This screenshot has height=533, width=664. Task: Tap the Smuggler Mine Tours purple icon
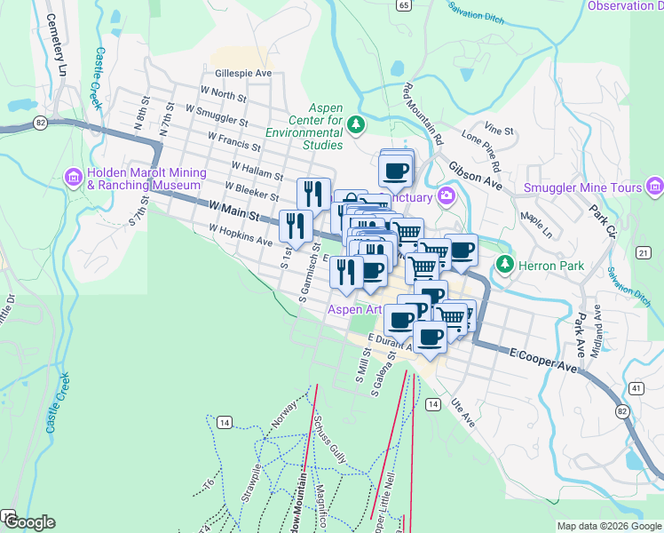[655, 187]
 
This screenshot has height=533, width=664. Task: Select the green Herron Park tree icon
[504, 264]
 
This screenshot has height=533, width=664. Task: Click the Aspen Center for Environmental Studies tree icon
[356, 123]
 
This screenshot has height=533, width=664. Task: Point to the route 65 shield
[404, 5]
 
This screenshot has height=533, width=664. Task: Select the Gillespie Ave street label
[242, 74]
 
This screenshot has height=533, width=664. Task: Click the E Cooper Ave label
[544, 358]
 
